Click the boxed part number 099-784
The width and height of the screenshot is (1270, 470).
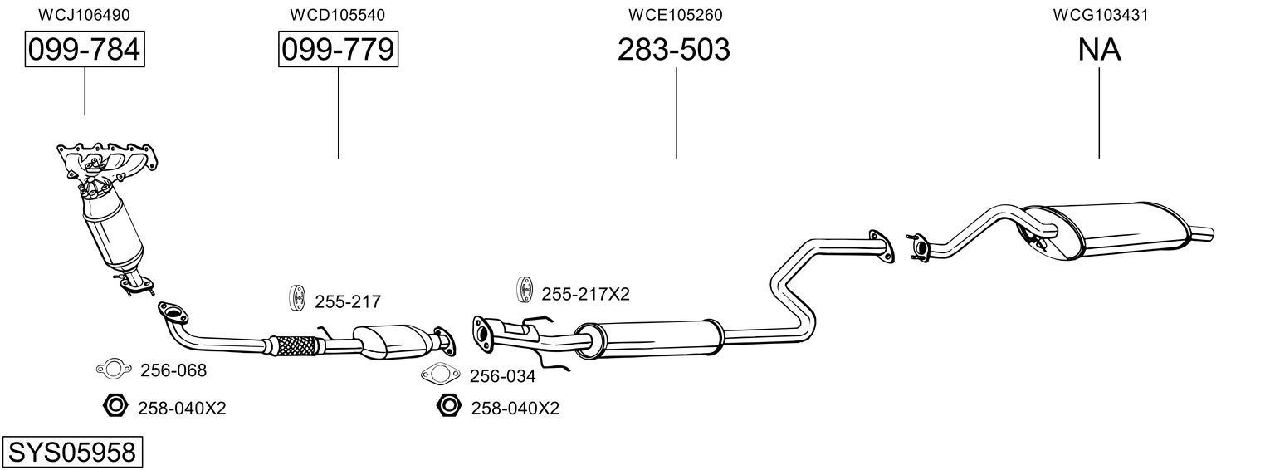point(84,50)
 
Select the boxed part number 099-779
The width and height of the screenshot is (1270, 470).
point(338,50)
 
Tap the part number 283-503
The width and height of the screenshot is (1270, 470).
point(673,50)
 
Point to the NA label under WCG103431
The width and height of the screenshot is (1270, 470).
point(1099,50)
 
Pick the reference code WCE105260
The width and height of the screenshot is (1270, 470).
point(675,15)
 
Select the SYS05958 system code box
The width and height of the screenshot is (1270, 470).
point(71,453)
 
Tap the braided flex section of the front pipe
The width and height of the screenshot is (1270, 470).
point(289,344)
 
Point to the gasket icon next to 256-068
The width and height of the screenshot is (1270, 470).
point(114,369)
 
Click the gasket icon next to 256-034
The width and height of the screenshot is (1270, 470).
point(440,375)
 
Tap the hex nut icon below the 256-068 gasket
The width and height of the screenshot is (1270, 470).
point(114,406)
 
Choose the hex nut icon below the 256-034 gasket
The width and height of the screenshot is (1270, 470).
point(448,406)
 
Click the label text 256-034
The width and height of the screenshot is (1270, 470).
point(502,376)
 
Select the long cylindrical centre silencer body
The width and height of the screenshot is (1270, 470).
point(656,338)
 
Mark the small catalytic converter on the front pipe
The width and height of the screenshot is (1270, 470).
point(390,341)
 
